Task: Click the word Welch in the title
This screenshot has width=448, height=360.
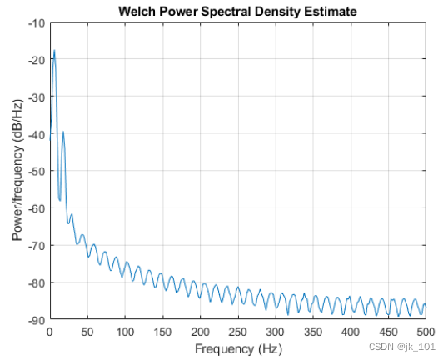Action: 137,12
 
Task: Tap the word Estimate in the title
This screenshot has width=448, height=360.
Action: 331,12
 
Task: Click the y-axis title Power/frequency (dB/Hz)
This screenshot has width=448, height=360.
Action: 17,171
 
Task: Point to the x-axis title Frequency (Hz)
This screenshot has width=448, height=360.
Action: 238,349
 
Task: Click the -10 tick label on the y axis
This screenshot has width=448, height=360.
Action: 37,23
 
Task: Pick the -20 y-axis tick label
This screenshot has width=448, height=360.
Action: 37,60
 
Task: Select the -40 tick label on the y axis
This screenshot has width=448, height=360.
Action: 37,135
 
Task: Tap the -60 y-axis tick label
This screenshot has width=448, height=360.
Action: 37,209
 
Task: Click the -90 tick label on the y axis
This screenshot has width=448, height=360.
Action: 37,321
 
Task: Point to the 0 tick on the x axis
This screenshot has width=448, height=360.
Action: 50,332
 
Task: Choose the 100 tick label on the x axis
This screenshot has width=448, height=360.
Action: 125,332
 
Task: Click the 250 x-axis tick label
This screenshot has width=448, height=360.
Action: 237,332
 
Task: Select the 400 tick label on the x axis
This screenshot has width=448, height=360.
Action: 351,332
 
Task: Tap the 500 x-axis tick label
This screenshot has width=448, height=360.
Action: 426,332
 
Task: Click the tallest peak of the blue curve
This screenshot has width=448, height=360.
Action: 54,50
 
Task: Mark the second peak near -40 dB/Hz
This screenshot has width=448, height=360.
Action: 63,132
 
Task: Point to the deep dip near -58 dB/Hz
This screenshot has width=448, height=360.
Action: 60,200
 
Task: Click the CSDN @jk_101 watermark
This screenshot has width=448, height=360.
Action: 402,347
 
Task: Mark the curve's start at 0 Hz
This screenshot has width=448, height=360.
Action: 50,140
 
